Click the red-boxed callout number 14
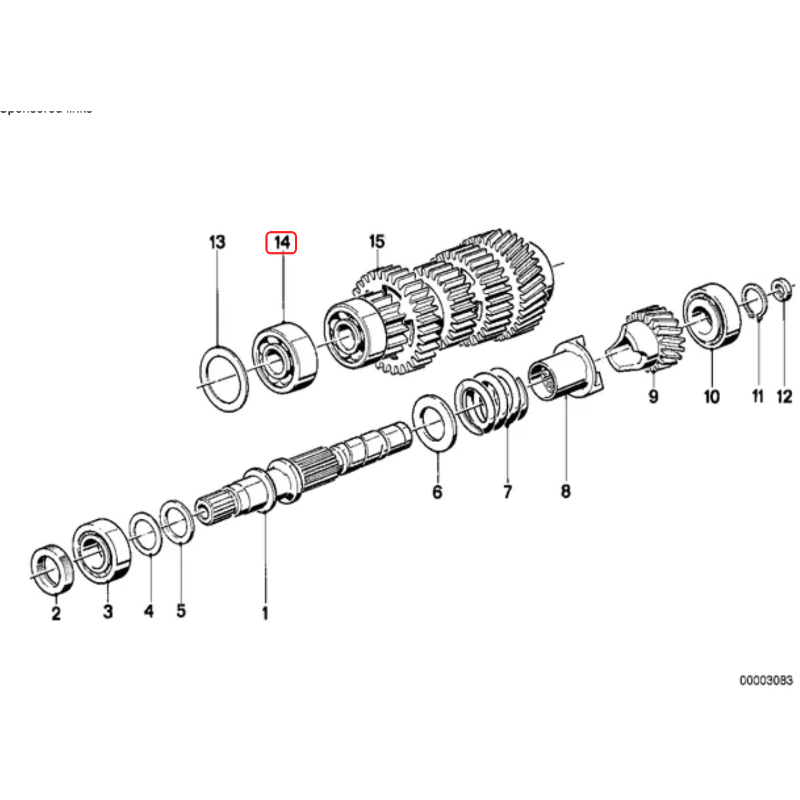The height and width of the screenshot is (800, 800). point(281,243)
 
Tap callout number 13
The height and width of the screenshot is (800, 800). point(217,242)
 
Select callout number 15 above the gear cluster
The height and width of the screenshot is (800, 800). point(377,241)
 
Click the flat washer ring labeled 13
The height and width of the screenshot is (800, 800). point(224,378)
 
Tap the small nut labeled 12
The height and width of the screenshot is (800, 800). point(783,289)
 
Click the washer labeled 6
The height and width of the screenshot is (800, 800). point(434,423)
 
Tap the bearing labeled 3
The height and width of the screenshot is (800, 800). point(101,550)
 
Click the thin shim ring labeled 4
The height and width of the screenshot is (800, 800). point(145,532)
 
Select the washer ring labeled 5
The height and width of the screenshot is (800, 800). point(178,521)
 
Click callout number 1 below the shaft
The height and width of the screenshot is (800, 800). point(265,612)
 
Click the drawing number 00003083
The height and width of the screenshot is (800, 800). point(765,680)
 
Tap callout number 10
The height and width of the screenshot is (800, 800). point(711,396)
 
